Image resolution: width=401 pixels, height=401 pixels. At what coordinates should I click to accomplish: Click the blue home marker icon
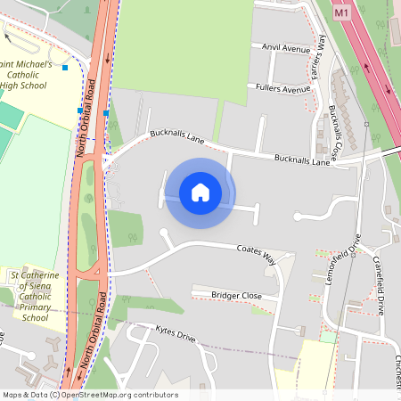(200, 192)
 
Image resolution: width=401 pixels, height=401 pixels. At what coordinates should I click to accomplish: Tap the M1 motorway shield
(342, 14)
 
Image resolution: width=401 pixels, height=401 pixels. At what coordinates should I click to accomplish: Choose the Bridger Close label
(236, 294)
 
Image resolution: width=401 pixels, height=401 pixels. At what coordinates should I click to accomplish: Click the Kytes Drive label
(175, 337)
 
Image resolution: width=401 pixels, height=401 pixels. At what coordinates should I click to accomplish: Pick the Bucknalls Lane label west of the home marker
(176, 135)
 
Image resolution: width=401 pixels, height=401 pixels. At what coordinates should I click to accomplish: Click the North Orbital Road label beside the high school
(89, 119)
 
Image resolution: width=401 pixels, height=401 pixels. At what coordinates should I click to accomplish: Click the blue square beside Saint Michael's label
(65, 67)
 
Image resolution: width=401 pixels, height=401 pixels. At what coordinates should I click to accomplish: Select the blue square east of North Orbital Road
(106, 113)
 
